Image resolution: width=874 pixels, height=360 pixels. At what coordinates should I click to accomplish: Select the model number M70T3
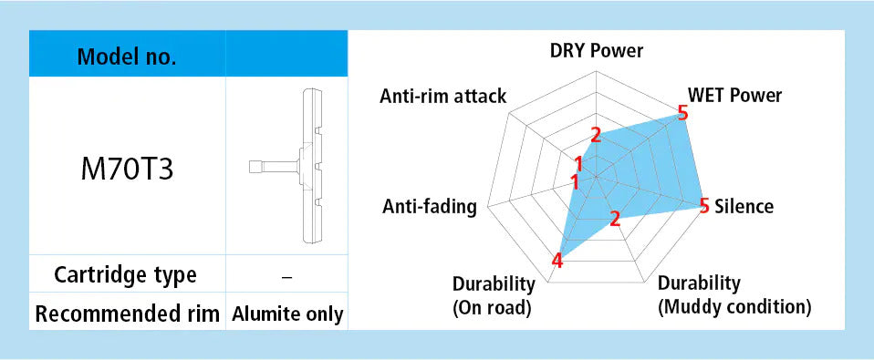(127, 169)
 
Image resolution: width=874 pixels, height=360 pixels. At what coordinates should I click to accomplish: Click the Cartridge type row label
(125, 274)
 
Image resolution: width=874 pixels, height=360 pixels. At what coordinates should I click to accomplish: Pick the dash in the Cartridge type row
(287, 276)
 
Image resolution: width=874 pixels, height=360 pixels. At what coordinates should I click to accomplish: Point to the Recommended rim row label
(127, 314)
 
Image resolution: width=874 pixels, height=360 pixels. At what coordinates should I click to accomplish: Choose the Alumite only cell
(287, 314)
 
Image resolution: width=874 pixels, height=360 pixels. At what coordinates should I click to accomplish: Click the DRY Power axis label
(597, 51)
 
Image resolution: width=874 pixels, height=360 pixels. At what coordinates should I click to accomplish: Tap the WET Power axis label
(734, 96)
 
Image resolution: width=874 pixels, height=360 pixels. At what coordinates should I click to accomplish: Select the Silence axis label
(744, 206)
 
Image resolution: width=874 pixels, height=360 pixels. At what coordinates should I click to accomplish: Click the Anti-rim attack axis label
(443, 97)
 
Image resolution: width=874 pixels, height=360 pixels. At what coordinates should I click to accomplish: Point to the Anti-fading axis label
(430, 207)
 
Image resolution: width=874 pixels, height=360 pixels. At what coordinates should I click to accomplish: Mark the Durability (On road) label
(494, 295)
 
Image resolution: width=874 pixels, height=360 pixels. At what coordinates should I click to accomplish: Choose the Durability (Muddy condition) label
(734, 295)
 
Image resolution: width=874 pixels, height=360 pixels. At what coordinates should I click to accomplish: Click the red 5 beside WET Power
(682, 114)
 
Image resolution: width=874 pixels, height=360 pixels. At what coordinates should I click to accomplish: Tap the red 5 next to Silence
(704, 206)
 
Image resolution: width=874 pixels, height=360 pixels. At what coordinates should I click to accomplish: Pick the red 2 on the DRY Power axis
(596, 135)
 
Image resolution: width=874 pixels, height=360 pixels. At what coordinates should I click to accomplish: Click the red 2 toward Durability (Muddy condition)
(615, 219)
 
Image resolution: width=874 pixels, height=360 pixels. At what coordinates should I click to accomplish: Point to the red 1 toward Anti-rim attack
(578, 163)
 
